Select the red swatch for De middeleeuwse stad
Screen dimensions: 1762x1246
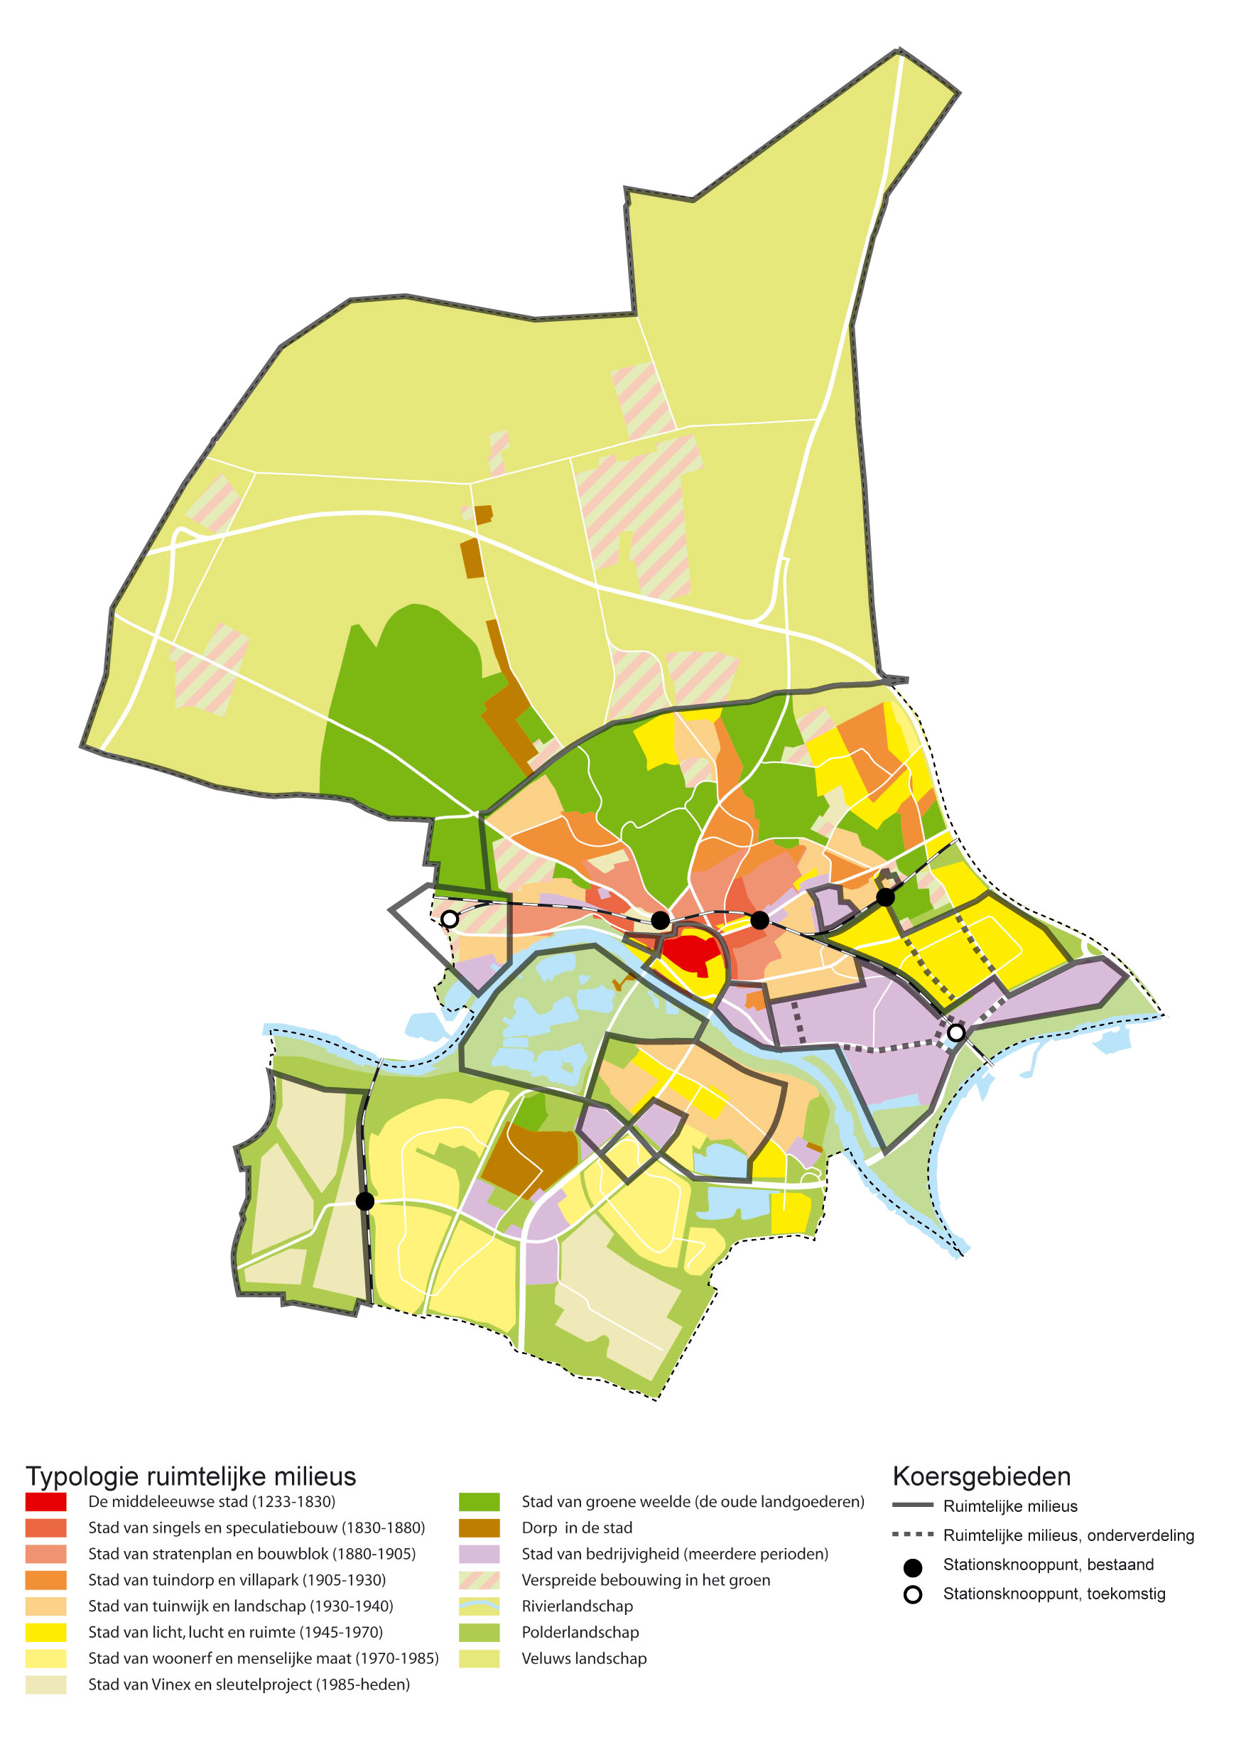45,1502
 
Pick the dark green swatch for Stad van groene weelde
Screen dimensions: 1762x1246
479,1502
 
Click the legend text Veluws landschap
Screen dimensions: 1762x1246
584,1658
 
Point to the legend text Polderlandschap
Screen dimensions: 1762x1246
580,1632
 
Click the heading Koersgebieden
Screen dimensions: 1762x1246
981,1476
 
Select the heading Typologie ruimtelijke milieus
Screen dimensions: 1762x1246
191,1476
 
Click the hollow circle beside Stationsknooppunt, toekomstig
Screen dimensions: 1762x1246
912,1595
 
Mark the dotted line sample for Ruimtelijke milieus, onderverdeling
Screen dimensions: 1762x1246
912,1535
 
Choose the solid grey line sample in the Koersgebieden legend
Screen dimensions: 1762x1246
912,1506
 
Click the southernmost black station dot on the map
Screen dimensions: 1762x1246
365,1201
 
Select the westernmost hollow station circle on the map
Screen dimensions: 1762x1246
450,919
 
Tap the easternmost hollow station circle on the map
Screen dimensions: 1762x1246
956,1033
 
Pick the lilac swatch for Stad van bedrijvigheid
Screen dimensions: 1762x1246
479,1554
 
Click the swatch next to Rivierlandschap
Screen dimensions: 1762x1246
479,1606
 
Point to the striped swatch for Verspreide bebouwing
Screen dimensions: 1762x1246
479,1580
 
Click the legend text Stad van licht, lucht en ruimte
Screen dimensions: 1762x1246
234,1632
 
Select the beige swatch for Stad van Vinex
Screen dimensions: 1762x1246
45,1685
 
